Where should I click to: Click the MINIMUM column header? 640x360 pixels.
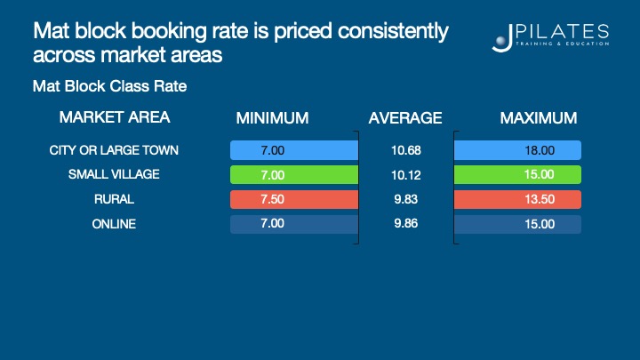tap(272, 118)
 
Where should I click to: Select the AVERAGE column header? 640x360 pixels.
tap(404, 118)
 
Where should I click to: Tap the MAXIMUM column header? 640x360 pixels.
tap(538, 118)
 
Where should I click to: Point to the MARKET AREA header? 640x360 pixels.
tap(114, 117)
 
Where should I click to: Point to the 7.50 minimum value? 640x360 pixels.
tap(272, 199)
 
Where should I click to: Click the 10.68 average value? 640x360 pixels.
tap(404, 150)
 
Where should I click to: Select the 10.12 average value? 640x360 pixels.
tap(404, 174)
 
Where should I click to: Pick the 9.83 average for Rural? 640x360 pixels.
tap(404, 199)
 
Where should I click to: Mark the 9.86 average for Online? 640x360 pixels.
tap(404, 224)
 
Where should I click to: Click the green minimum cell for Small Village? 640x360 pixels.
tap(293, 174)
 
